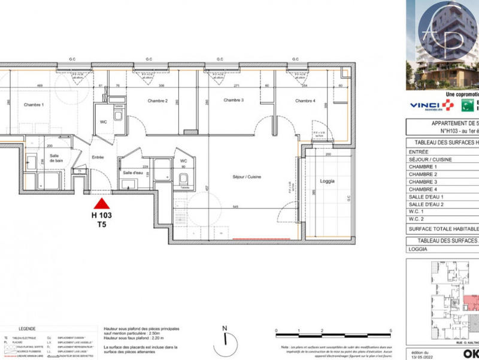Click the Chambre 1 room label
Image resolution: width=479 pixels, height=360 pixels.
(34, 105)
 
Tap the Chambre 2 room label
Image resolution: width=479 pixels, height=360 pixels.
(157, 101)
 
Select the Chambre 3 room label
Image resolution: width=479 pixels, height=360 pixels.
(234, 100)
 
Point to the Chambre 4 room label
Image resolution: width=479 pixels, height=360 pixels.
(305, 101)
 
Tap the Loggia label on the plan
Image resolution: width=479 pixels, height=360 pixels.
(327, 181)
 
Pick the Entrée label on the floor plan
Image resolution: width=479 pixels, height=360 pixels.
(98, 157)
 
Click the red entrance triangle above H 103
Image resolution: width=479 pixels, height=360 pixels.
(102, 204)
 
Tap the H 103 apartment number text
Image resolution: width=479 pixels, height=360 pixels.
(102, 215)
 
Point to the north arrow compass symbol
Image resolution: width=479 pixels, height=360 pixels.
(225, 337)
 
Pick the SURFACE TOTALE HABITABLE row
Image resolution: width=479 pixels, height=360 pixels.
(443, 228)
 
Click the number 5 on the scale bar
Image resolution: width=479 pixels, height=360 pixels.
(390, 331)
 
